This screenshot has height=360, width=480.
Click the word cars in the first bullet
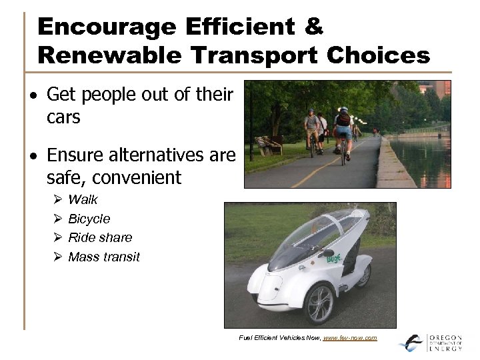[63, 117]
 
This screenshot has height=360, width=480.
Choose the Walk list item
[83, 199]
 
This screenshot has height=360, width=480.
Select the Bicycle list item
[89, 219]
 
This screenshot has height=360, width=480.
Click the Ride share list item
[100, 237]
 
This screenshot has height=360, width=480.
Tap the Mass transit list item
[104, 257]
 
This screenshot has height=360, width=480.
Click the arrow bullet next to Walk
[57, 199]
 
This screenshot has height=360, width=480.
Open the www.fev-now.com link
[349, 338]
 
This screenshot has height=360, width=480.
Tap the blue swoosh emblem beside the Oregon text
[412, 343]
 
